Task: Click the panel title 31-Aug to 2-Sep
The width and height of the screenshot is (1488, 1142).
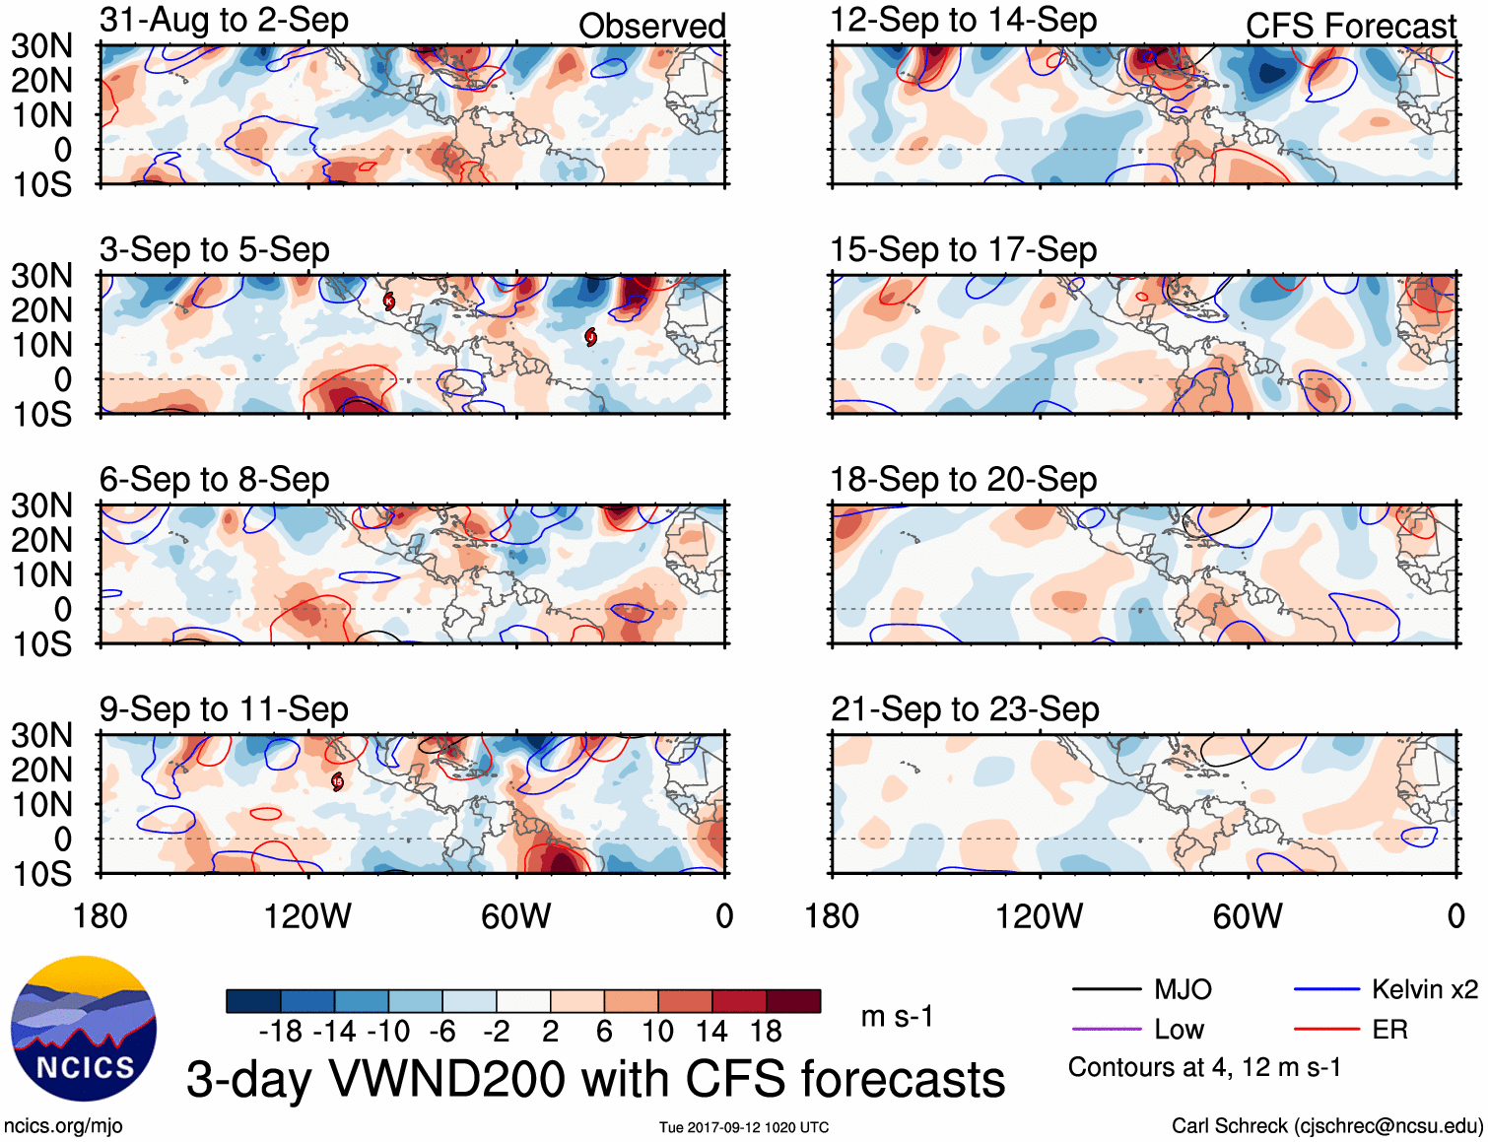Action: point(224,21)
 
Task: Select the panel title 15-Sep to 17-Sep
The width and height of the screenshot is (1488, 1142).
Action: point(963,250)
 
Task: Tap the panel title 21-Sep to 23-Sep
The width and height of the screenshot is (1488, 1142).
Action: point(965,709)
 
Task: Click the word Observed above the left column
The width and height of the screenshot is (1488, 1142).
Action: point(651,27)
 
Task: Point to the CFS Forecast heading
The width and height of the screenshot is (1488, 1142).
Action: point(1350,27)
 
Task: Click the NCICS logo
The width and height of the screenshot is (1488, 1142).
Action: point(84,1029)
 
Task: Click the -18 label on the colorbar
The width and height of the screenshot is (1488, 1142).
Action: point(281,1032)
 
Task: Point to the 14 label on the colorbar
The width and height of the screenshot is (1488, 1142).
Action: point(711,1032)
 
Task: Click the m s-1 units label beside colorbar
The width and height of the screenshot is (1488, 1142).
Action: point(897,1016)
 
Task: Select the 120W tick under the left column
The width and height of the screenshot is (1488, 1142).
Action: point(307,916)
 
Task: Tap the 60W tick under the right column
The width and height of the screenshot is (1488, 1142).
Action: point(1248,916)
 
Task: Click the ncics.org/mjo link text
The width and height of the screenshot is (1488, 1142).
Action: point(63,1125)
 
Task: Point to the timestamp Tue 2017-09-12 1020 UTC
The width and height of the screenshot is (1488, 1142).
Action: point(744,1127)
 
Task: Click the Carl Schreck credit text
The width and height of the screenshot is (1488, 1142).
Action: point(1326,1125)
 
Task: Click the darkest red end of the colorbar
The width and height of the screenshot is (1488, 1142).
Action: point(793,1001)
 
